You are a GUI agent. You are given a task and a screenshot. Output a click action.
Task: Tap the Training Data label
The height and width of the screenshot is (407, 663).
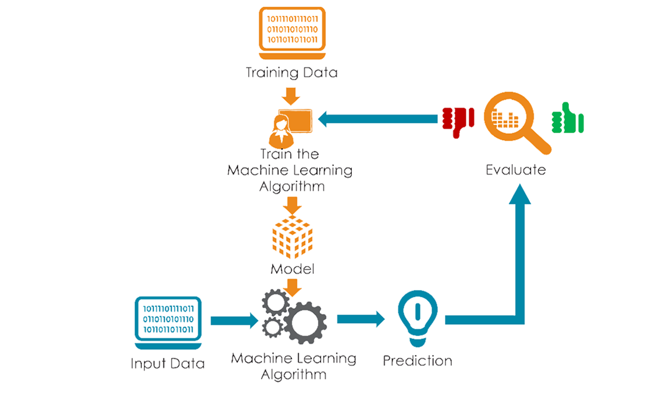click(x=291, y=73)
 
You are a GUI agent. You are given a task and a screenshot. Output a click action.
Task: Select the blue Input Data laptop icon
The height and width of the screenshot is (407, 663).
click(x=167, y=320)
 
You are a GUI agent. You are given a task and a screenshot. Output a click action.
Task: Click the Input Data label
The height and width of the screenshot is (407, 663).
click(x=167, y=364)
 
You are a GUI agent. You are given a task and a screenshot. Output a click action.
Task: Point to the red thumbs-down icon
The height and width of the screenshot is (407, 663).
click(x=458, y=120)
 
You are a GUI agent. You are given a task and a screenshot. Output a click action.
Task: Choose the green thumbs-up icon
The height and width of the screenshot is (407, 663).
click(x=568, y=118)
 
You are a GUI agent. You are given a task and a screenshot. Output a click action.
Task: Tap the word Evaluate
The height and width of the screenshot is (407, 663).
click(x=516, y=170)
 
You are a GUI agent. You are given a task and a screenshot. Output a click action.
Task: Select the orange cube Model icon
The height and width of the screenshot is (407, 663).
click(x=292, y=236)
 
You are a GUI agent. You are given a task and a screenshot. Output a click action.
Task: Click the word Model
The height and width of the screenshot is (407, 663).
click(x=292, y=269)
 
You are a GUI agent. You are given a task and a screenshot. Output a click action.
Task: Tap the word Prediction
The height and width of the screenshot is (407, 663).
click(x=417, y=360)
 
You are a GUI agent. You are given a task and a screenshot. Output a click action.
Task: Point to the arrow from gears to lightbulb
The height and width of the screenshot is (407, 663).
click(x=361, y=319)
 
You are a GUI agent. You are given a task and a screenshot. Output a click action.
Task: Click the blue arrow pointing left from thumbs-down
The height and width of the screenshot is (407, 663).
click(x=378, y=119)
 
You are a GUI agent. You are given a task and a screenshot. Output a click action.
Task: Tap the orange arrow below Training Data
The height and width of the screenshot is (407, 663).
click(x=291, y=95)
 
